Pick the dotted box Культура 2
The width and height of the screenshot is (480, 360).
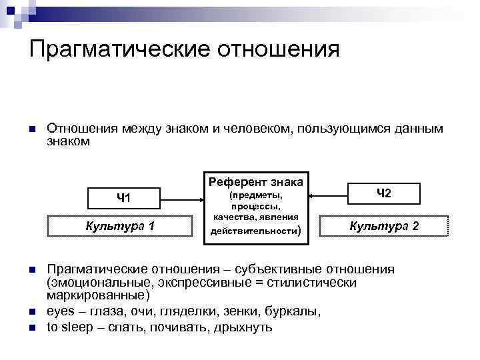point(384,226)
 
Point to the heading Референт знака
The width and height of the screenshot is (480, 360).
point(256,181)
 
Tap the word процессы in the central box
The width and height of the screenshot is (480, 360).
point(256,207)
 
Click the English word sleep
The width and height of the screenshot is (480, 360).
point(79,327)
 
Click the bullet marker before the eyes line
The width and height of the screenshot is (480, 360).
point(31,312)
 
